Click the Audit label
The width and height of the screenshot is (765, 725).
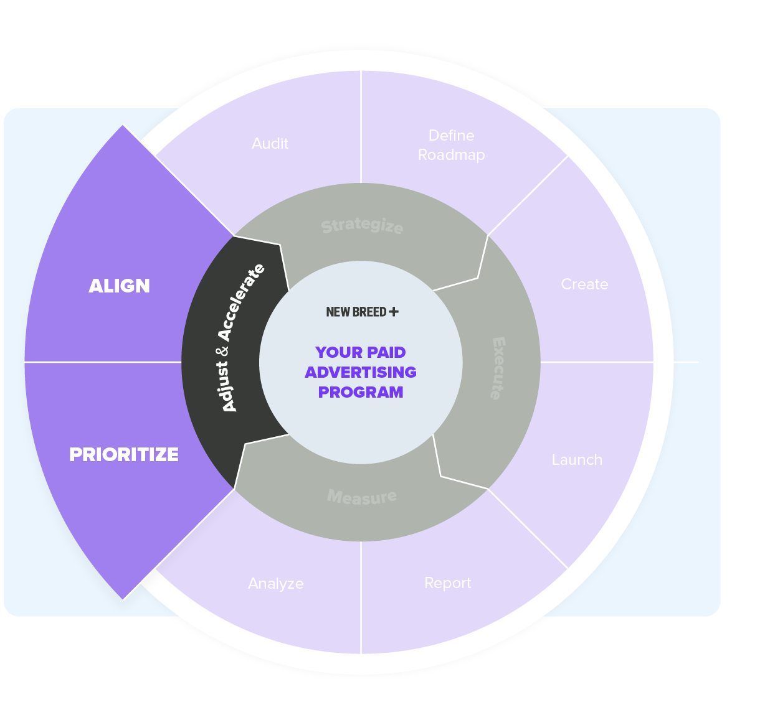(x=270, y=144)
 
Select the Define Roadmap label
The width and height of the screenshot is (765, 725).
(x=451, y=145)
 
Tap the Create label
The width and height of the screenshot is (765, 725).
(x=584, y=284)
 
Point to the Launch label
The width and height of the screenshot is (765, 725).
(x=577, y=460)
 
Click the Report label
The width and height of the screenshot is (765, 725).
(x=447, y=583)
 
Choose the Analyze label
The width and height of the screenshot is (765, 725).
(x=275, y=584)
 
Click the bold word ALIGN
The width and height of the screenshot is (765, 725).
(x=119, y=286)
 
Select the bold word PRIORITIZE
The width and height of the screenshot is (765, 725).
(x=123, y=454)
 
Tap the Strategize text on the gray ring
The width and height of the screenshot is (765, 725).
(x=362, y=225)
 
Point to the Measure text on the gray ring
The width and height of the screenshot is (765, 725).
(x=362, y=497)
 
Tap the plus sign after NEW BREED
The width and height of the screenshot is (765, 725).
(x=393, y=311)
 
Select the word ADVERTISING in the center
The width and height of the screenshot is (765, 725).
(x=361, y=372)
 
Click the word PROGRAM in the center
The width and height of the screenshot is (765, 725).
(x=361, y=392)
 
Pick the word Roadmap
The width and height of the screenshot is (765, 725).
(x=451, y=155)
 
